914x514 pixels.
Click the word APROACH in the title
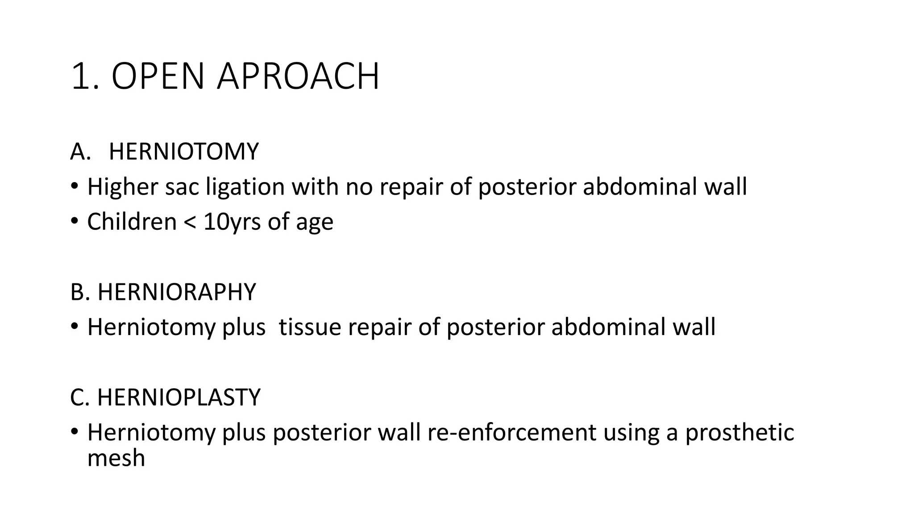pos(298,76)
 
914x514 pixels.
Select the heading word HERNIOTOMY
pos(183,151)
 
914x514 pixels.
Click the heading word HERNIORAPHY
pos(176,292)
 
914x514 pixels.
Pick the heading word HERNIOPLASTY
pos(179,397)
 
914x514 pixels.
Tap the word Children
pos(132,221)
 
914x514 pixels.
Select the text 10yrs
pos(232,222)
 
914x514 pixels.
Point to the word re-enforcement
pos(511,432)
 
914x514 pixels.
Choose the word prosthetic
pos(740,432)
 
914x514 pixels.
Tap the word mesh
pos(116,459)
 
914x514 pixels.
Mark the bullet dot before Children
pos(75,221)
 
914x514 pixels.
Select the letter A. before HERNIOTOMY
pos(80,152)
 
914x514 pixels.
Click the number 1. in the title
pos(84,76)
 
